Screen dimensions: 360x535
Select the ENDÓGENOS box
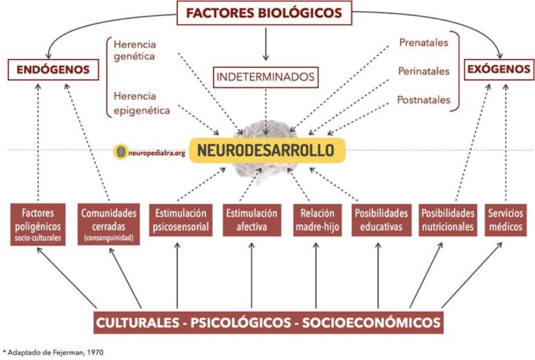53,70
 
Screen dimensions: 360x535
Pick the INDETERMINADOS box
265,76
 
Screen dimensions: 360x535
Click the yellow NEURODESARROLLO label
266,150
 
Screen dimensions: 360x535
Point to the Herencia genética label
135,50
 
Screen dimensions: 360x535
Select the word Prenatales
424,43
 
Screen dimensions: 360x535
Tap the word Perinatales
424,71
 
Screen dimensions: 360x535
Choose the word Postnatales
424,99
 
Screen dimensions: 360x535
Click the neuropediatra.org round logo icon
120,151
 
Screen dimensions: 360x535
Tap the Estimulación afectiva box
252,220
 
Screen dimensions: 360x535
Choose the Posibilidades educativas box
381,220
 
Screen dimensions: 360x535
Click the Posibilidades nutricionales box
448,220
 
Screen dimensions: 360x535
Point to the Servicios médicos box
506,220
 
